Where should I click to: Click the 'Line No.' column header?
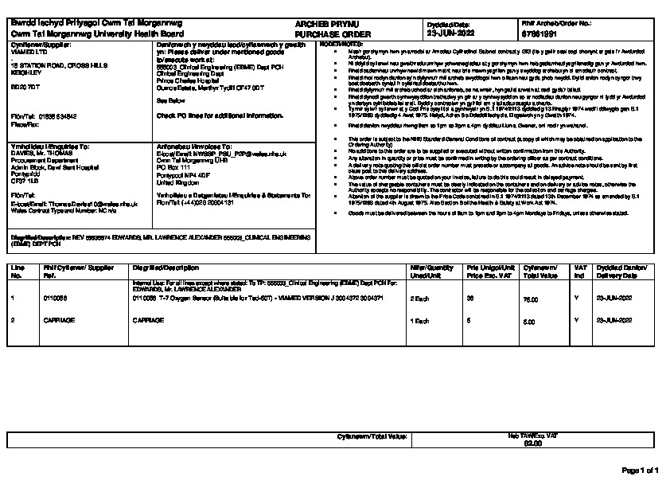(17, 271)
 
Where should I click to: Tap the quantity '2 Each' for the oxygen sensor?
(419, 298)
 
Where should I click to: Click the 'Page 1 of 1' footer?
(640, 471)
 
